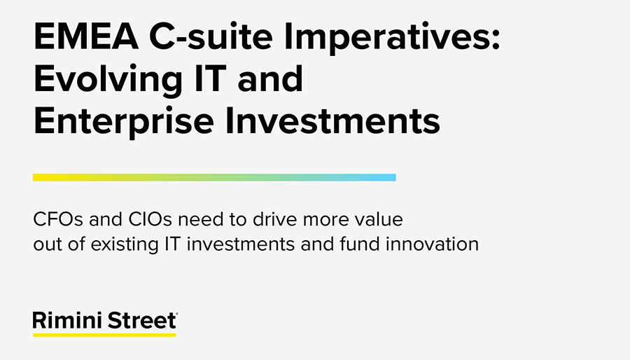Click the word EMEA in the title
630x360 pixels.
click(86, 36)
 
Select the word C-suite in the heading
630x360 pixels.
click(211, 36)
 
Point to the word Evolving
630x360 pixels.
click(108, 81)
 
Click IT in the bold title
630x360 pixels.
click(210, 78)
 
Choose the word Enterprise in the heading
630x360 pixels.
click(124, 123)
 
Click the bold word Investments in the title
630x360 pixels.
click(332, 120)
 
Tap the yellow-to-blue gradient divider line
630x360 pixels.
click(214, 177)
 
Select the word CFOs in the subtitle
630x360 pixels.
click(58, 219)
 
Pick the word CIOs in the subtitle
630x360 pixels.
click(150, 219)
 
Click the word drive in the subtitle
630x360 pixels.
click(275, 219)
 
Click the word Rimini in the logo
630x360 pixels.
click(68, 321)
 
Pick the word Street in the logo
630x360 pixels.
click(142, 321)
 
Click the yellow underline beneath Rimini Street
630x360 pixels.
click(104, 335)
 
